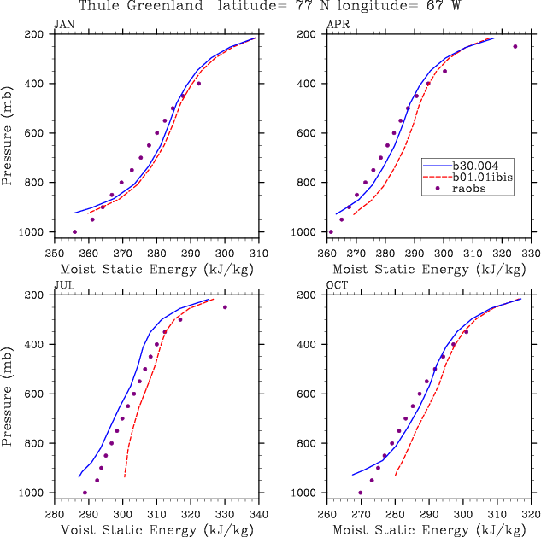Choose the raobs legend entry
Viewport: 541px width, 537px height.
(467, 190)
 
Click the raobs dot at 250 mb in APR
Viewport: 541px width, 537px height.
(515, 46)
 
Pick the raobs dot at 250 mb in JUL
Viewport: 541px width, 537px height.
(225, 307)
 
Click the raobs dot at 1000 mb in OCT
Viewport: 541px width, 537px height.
(360, 493)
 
